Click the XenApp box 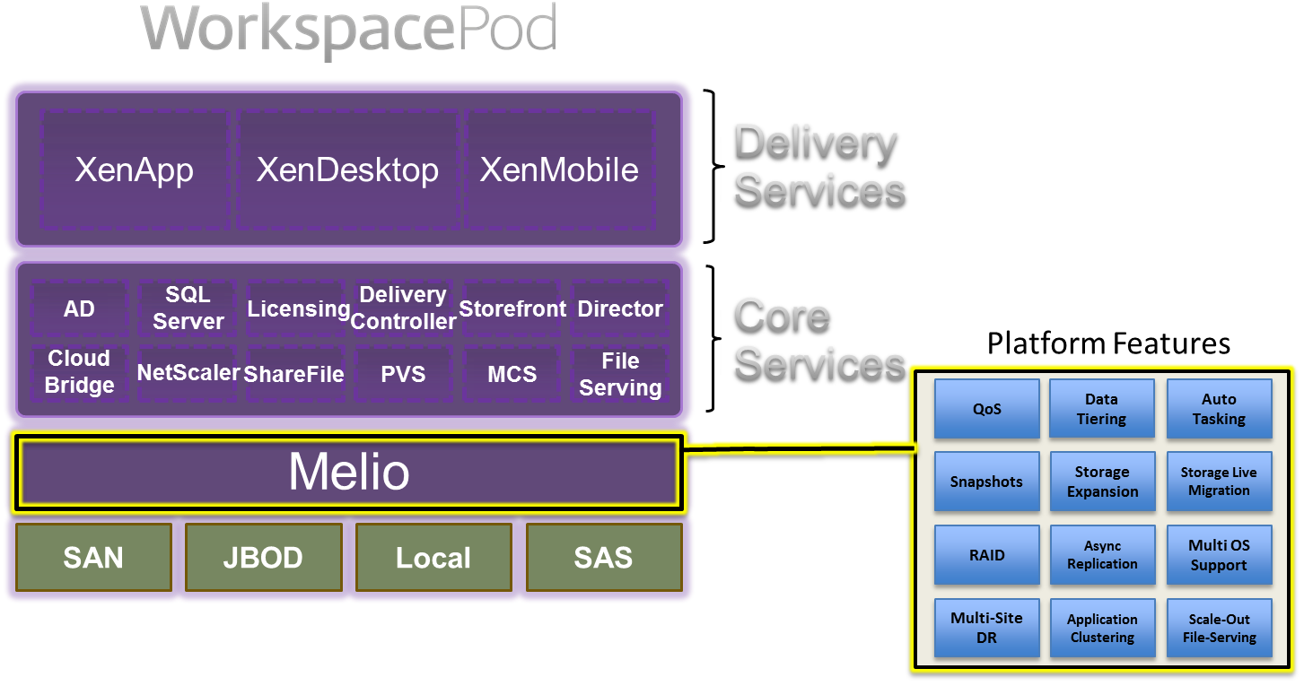point(135,169)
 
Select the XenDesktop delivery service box point(347,169)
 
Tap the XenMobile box point(559,169)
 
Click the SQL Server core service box point(188,308)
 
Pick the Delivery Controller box point(403,308)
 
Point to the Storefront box point(512,308)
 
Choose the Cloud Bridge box point(79,372)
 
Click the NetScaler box point(188,372)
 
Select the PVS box point(403,373)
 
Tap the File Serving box point(620,374)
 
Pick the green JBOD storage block point(263,558)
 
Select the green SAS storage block point(603,558)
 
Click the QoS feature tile point(986,409)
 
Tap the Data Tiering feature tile point(1102,409)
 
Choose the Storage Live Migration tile point(1219,482)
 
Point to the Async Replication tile point(1102,555)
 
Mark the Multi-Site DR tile point(986,628)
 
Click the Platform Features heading point(1109,343)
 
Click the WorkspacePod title point(350,29)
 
